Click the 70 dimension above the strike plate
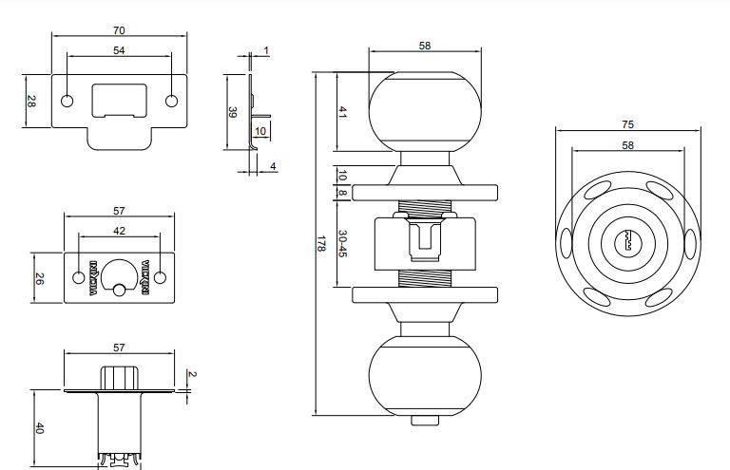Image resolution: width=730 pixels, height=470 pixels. click(x=119, y=30)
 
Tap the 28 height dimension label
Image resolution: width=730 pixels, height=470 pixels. click(x=30, y=102)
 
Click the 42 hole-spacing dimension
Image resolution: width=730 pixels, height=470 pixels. click(x=119, y=231)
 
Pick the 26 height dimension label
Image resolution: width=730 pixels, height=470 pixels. click(x=39, y=278)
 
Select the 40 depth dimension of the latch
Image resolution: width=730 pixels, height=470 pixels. click(x=39, y=428)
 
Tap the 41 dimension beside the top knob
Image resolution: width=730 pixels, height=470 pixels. click(x=342, y=112)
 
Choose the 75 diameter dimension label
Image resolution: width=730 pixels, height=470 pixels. click(x=627, y=124)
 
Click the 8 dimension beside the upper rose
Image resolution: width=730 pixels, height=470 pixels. click(x=342, y=193)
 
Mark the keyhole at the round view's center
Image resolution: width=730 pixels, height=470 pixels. click(x=627, y=243)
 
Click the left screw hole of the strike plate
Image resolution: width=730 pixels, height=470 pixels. click(x=67, y=102)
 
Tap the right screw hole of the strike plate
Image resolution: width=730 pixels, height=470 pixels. click(x=171, y=102)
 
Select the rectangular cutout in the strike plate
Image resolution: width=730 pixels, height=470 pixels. click(x=119, y=99)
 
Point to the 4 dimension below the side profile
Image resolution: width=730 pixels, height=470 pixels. click(x=273, y=166)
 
